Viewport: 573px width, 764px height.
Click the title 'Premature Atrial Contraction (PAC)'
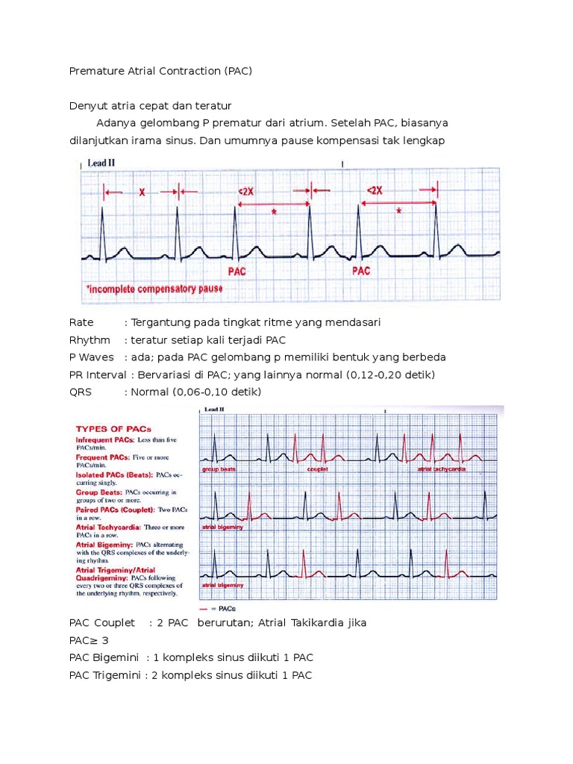click(160, 72)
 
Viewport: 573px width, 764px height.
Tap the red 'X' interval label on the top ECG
click(142, 192)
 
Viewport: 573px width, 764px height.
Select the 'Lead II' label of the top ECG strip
click(100, 163)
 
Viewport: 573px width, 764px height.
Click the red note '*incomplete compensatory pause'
click(154, 288)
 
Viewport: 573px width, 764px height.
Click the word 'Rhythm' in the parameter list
click(90, 339)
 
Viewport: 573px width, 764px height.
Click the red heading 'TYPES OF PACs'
click(113, 429)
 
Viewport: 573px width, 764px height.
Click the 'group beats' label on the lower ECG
click(219, 470)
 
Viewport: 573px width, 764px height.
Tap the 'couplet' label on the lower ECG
click(318, 470)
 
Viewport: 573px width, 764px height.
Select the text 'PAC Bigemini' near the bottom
click(103, 658)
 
